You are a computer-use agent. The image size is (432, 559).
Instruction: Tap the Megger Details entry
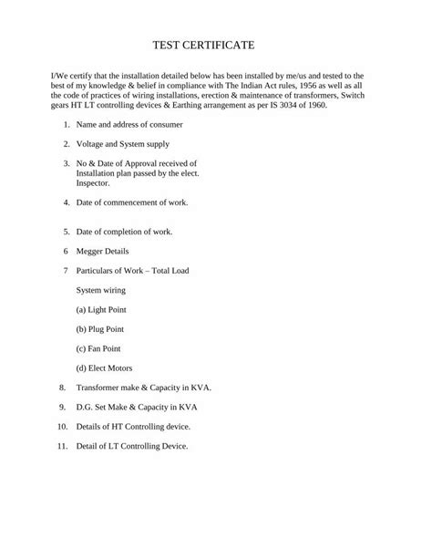point(102,251)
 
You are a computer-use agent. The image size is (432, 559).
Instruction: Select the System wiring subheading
point(101,290)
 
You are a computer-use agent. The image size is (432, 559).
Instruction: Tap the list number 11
point(62,446)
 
